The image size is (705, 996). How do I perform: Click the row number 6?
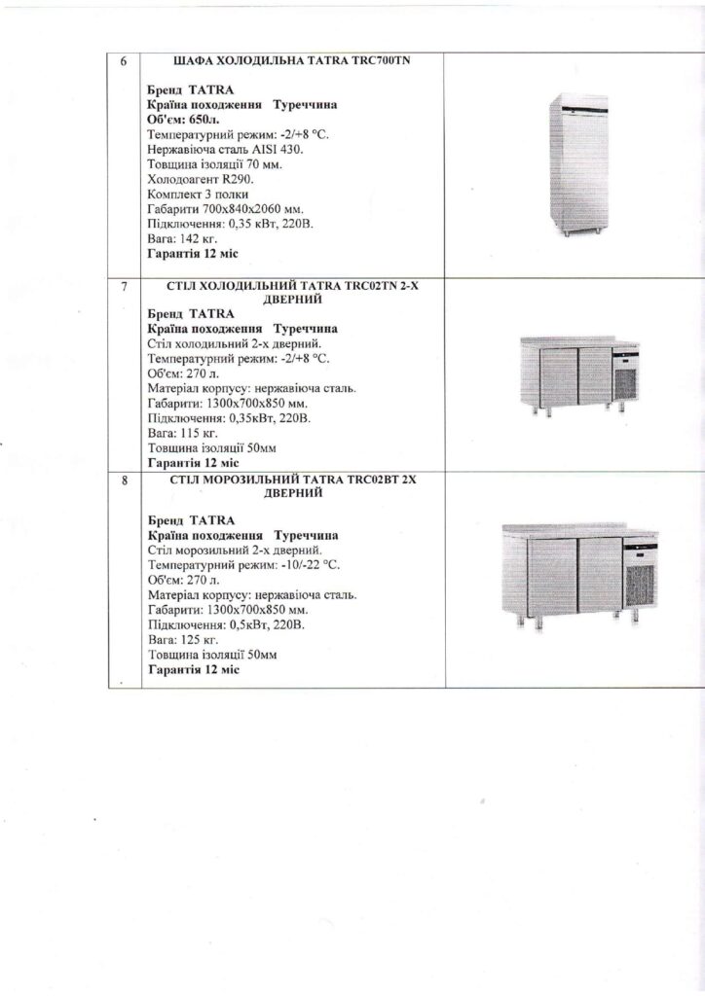pyautogui.click(x=123, y=60)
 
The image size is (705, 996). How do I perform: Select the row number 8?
pyautogui.click(x=123, y=480)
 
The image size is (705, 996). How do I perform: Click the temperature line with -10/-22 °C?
pyautogui.click(x=245, y=565)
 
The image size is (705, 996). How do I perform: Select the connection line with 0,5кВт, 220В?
pyautogui.click(x=226, y=625)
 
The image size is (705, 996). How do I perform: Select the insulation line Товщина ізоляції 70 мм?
pyautogui.click(x=216, y=164)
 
